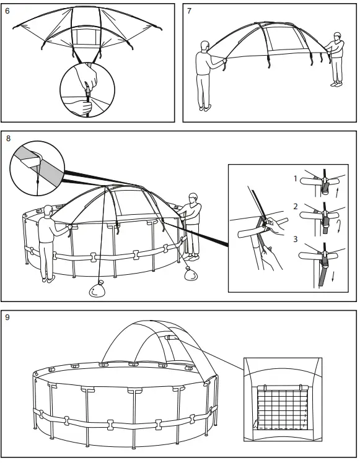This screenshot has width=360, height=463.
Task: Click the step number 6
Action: (x=7, y=11)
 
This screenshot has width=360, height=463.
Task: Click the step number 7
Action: (x=189, y=11)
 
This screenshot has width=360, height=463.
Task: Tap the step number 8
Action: (x=8, y=138)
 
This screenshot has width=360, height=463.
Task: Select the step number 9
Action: (x=7, y=318)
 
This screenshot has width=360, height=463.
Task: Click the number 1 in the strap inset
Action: (x=296, y=178)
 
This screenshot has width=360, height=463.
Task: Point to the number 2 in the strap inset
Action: (x=296, y=206)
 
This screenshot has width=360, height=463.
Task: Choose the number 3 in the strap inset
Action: (x=296, y=239)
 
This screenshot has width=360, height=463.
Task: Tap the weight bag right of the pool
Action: (x=191, y=273)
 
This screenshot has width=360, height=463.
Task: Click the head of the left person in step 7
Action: (x=205, y=46)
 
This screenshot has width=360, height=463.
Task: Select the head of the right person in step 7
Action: (x=337, y=37)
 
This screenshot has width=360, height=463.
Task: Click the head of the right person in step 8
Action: (x=193, y=198)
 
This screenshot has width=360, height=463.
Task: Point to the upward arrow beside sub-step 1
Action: (x=336, y=192)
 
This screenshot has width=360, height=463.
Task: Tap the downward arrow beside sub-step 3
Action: (x=333, y=277)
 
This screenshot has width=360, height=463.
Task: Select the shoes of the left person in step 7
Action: (x=206, y=108)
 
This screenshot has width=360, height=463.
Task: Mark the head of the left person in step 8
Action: (x=48, y=212)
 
